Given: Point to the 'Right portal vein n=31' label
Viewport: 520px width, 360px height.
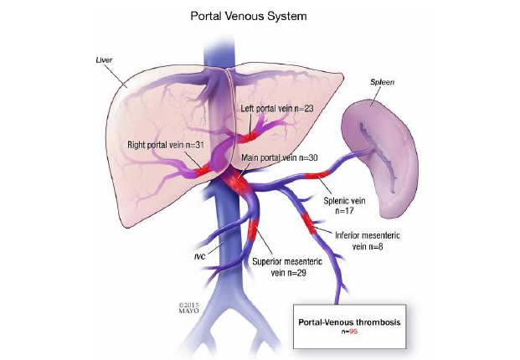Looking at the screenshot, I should (x=166, y=144).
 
